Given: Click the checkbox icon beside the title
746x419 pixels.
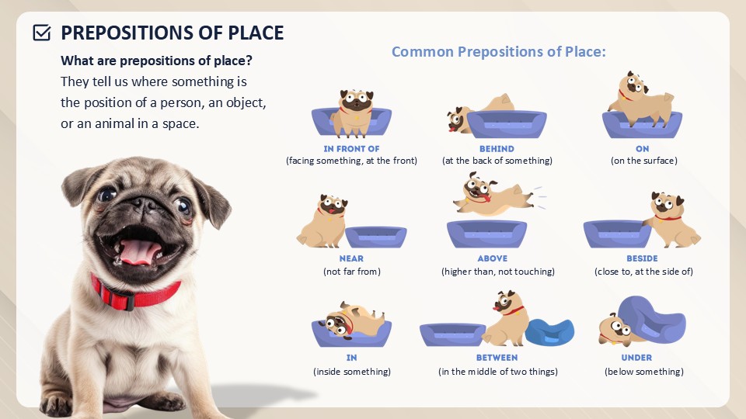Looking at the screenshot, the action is (42, 33).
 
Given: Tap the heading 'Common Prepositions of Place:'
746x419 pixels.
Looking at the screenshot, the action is (499, 51).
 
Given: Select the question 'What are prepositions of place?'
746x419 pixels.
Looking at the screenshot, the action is (156, 61).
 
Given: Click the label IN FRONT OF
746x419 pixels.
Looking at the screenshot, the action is (351, 149).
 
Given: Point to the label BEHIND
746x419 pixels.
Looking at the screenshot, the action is (497, 149).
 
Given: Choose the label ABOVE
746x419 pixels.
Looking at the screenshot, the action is (493, 258).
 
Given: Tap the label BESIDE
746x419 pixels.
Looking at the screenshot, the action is (642, 258).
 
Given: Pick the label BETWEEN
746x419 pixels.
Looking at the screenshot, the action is (497, 358).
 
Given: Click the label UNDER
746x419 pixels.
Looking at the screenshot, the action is (636, 358).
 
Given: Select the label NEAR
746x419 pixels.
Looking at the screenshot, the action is (351, 258).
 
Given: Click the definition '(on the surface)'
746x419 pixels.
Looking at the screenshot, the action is (643, 161).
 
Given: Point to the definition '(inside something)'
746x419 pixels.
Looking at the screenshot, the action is (351, 372).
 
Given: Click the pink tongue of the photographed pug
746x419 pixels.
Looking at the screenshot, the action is (139, 251).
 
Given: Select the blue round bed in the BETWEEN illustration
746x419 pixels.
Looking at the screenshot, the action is (549, 331).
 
